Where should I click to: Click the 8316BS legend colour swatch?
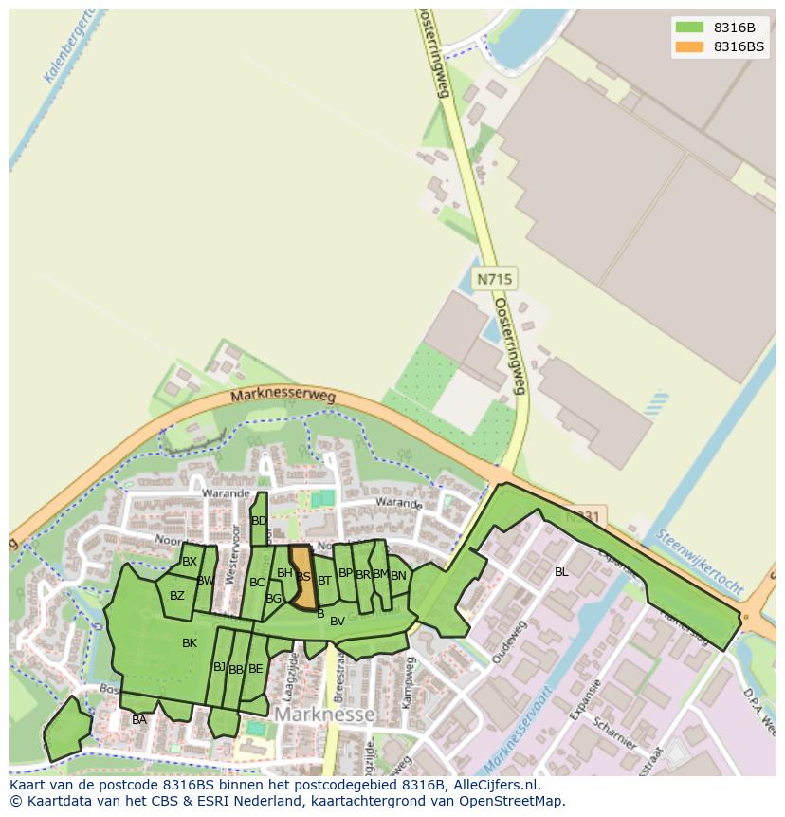point(689,46)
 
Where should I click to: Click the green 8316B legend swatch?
point(689,27)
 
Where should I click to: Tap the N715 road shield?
point(494,279)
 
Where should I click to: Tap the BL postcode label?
point(561,572)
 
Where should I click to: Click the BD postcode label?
point(259,521)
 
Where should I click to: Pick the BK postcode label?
point(190,643)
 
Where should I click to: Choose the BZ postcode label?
point(177,596)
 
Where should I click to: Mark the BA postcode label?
point(139,720)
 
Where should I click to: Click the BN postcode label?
point(398,575)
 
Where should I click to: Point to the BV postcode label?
point(338,622)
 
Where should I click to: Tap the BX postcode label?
point(190,562)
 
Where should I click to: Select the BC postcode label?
point(257,583)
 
